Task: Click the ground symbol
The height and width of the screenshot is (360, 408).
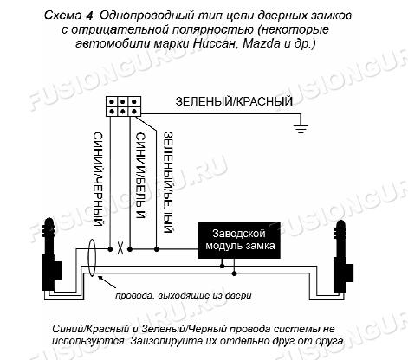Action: pyautogui.click(x=301, y=128)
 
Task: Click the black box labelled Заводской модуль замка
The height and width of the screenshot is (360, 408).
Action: pyautogui.click(x=239, y=241)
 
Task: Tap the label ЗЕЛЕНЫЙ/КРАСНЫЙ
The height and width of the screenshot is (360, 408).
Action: pyautogui.click(x=234, y=101)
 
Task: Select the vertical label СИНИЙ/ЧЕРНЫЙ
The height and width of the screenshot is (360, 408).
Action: pyautogui.click(x=98, y=179)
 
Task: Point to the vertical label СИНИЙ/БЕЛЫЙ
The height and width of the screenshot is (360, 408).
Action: pyautogui.click(x=140, y=176)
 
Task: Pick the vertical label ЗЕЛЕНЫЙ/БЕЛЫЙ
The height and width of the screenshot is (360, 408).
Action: pyautogui.click(x=168, y=183)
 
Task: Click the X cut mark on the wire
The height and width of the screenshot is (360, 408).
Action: pyautogui.click(x=120, y=248)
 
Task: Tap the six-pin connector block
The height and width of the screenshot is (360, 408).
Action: pyautogui.click(x=123, y=106)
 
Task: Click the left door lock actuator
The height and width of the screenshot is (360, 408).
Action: pyautogui.click(x=51, y=255)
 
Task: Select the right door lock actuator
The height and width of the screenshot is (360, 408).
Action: pyautogui.click(x=342, y=257)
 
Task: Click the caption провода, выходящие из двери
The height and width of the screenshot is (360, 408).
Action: pyautogui.click(x=184, y=295)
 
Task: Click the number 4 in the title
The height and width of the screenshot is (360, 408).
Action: pyautogui.click(x=89, y=16)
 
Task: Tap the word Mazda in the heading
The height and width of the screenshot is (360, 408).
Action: pyautogui.click(x=262, y=43)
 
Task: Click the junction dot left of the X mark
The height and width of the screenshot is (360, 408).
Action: pyautogui.click(x=110, y=249)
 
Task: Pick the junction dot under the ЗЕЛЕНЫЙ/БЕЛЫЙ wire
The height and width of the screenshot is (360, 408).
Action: pyautogui.click(x=157, y=249)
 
